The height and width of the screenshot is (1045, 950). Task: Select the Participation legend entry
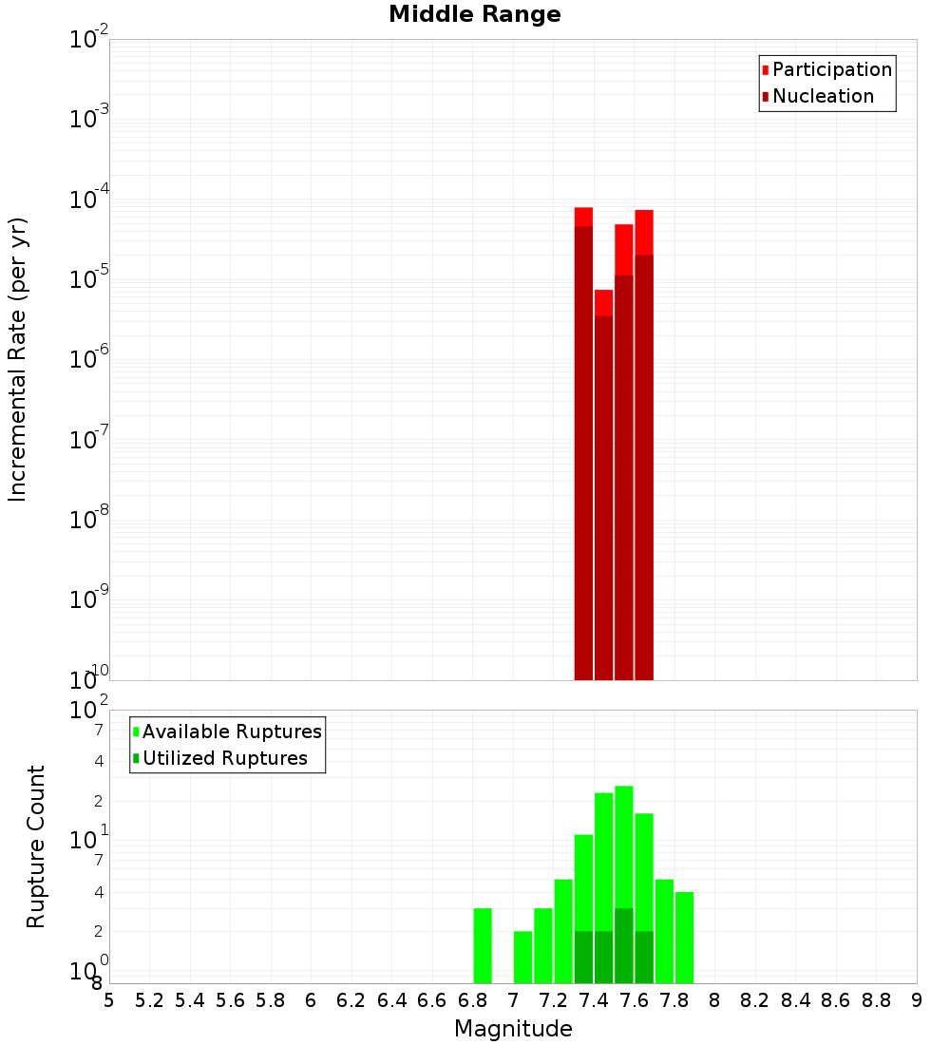831,70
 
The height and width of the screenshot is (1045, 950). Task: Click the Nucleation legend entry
822,97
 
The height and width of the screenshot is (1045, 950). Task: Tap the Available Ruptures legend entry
231,731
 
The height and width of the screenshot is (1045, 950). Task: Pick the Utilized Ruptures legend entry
224,758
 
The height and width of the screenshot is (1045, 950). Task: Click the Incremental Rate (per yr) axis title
17,360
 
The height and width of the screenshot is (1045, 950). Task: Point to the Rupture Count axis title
36,846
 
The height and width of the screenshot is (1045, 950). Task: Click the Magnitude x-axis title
513,1029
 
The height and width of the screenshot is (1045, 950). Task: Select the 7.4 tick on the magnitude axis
594,1001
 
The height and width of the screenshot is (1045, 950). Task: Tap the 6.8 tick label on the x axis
472,1001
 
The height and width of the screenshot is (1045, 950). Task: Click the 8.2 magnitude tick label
755,1001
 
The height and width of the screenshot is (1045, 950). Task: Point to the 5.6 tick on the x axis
230,1001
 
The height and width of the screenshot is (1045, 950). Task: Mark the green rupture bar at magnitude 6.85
483,946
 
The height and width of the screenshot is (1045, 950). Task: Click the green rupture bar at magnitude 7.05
522,958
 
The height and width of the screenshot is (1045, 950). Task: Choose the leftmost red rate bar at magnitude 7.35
583,446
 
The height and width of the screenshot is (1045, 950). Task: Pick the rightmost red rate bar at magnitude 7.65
644,446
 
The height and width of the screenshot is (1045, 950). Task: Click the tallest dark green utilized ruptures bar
623,946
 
